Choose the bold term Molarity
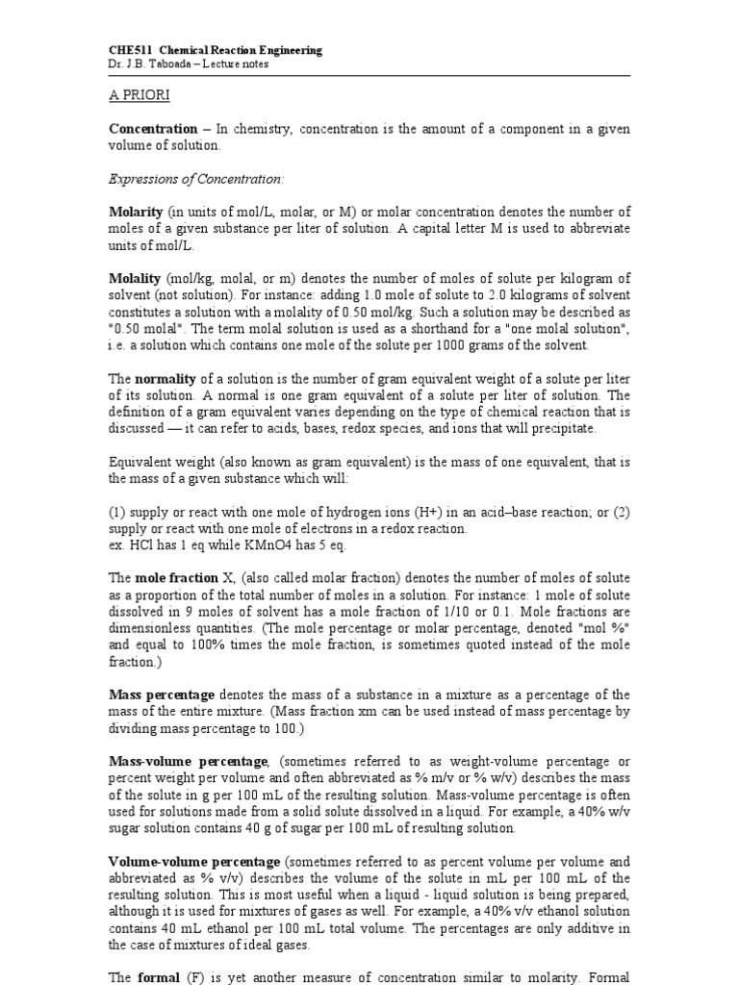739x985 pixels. tap(136, 211)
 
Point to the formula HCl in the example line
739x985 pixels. tap(136, 544)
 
